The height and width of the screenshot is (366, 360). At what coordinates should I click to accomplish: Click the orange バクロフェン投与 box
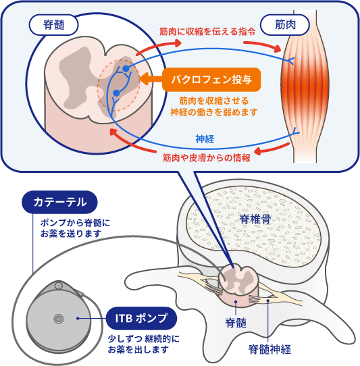[211, 80]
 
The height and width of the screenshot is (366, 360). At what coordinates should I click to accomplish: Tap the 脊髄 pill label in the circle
[54, 25]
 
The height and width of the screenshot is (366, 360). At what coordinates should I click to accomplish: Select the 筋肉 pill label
[285, 25]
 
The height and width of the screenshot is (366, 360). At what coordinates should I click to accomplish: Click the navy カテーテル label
[59, 202]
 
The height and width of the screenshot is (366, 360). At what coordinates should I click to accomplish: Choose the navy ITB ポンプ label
[141, 318]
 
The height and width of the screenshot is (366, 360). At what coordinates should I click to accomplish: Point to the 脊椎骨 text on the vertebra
[255, 219]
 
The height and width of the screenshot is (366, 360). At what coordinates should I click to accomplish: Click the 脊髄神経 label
[269, 349]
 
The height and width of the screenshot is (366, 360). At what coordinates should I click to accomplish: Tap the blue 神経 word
[205, 139]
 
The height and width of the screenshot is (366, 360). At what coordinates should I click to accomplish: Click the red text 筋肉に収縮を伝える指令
[207, 32]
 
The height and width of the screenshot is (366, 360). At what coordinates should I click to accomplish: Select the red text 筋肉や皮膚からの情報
[207, 158]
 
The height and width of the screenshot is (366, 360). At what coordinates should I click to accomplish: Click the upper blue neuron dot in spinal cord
[126, 69]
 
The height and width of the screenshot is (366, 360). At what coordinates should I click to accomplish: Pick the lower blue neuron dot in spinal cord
[116, 93]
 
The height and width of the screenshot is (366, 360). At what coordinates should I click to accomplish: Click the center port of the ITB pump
[58, 319]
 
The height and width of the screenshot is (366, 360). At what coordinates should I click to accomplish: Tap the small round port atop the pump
[58, 285]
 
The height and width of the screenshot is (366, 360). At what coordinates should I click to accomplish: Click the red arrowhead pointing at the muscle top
[278, 49]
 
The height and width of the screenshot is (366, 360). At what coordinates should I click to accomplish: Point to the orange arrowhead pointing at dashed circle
[143, 78]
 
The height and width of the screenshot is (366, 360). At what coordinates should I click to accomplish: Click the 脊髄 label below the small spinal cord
[236, 323]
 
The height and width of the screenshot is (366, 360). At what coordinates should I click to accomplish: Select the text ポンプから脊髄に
[75, 223]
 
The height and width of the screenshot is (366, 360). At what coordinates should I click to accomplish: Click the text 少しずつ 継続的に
[144, 339]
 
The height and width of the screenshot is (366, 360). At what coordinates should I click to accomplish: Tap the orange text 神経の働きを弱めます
[214, 112]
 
